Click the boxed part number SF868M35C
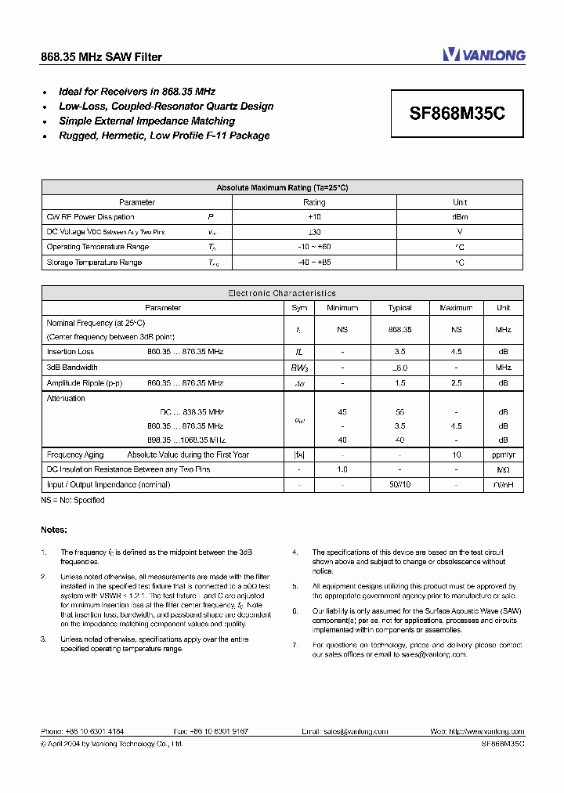tap(457, 113)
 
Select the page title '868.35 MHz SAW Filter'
tap(101, 57)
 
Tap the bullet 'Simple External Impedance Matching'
tap(146, 121)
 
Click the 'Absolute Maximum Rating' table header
tap(282, 188)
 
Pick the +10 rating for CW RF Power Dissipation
tap(314, 217)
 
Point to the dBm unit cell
tap(460, 217)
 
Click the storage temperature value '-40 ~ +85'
tap(314, 263)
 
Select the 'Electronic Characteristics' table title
tap(282, 293)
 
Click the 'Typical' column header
tap(399, 308)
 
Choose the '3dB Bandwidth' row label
tap(72, 368)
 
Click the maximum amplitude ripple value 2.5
tap(456, 383)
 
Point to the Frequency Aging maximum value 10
tap(456, 454)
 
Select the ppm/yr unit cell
tap(503, 454)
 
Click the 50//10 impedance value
tap(399, 485)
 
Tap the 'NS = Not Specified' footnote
tap(72, 500)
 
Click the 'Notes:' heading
tap(54, 530)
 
